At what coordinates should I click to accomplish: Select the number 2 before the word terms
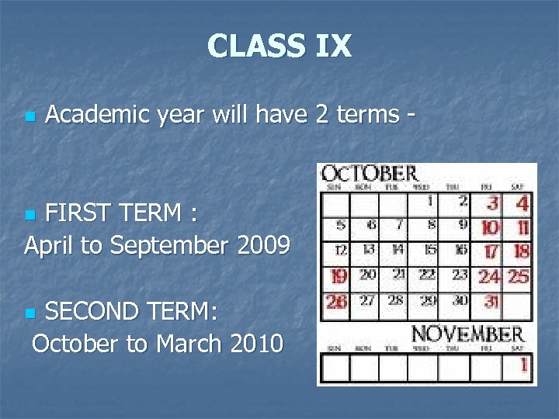tap(321, 115)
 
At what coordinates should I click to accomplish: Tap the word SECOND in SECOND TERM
tap(89, 312)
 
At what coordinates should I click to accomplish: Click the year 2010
tap(257, 342)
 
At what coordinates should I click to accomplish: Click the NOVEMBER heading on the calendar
tap(467, 334)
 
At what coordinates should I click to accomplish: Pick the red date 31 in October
tap(491, 300)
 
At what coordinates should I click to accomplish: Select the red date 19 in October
tap(339, 276)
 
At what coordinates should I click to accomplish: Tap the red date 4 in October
tap(522, 204)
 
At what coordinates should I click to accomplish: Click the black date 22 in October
tap(427, 275)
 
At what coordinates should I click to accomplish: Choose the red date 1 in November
tap(524, 362)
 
